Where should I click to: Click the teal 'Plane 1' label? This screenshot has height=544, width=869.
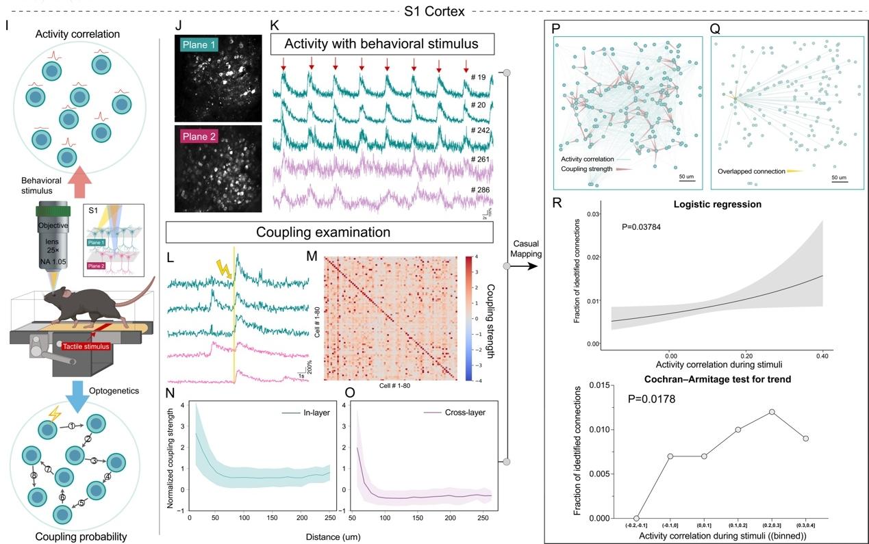coord(199,43)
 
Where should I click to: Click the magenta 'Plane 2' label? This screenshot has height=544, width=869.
coord(200,137)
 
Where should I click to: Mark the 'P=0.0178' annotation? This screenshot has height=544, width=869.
coord(652,398)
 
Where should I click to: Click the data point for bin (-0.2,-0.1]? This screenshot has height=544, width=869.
coord(636,518)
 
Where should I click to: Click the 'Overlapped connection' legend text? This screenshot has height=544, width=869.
coord(751,172)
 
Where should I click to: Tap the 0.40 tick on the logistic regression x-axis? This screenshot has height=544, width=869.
coord(822,356)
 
